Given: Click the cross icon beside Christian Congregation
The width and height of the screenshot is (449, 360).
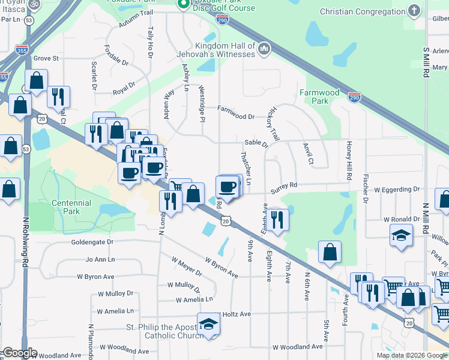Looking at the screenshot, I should tap(414, 11).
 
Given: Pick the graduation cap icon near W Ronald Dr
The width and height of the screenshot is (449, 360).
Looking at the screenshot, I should tap(401, 236).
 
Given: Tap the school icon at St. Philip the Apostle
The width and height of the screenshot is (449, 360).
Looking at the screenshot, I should tap(208, 324).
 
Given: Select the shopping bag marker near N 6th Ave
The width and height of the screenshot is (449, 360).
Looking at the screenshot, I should tap(330, 253).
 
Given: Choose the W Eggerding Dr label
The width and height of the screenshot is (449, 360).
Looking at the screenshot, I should tap(397, 189).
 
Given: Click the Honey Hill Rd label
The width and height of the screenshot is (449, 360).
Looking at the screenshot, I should tap(348, 161).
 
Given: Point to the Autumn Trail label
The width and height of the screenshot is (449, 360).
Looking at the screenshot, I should tap(136, 22).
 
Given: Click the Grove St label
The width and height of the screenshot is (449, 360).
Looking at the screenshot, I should tap(46, 58).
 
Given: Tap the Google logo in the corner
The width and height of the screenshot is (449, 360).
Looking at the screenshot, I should tap(20, 353).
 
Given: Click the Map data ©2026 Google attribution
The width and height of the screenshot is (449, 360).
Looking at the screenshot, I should tap(411, 355).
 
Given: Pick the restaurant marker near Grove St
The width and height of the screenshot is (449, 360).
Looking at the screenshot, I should tap(58, 96).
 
